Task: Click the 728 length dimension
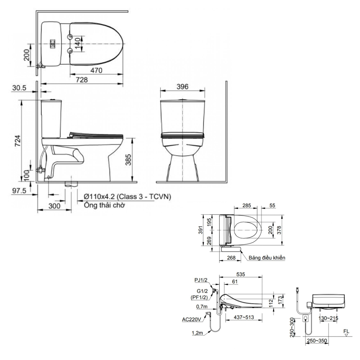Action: tap(82, 80)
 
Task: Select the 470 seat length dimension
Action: tap(96, 70)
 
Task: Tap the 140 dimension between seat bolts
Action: tap(78, 43)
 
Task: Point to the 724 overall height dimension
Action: tap(18, 141)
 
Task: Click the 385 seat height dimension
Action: tap(128, 160)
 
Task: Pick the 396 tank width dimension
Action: tap(182, 86)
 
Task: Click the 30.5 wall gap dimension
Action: tap(19, 88)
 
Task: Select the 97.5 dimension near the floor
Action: tap(19, 190)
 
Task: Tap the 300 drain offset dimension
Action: tap(54, 206)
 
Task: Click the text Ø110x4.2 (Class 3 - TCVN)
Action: tap(127, 197)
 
